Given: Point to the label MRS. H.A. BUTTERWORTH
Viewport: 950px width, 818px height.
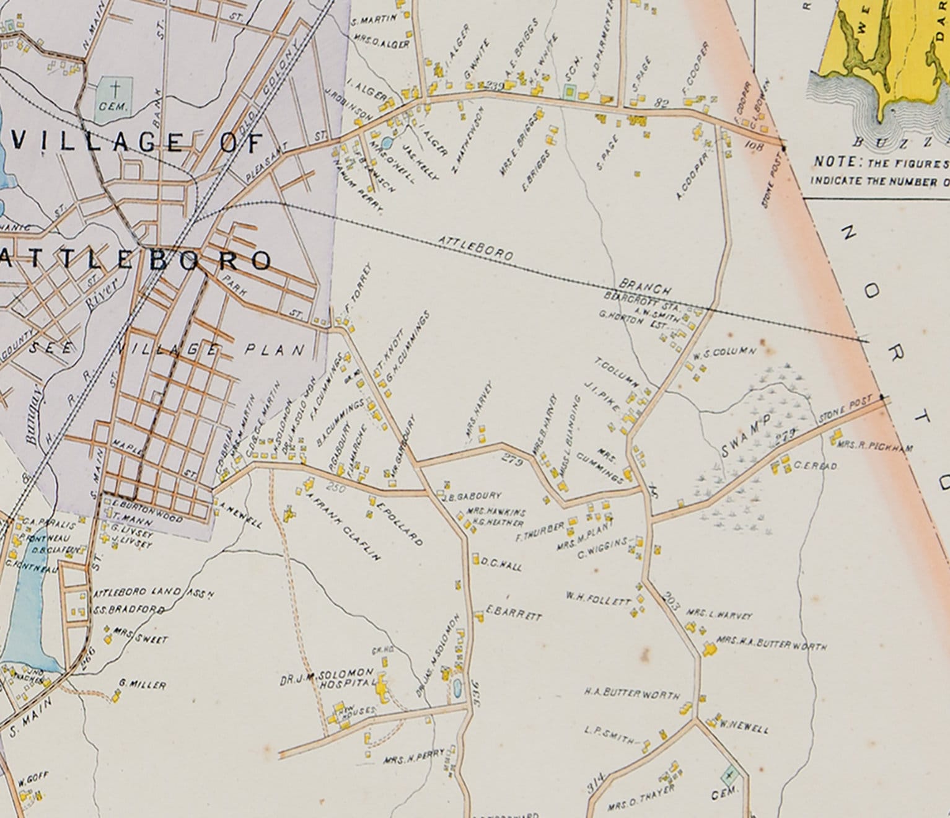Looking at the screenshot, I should (x=771, y=643).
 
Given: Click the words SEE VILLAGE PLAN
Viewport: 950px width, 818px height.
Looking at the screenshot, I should (x=167, y=350).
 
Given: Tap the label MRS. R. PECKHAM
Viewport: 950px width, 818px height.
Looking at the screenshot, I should (x=874, y=446).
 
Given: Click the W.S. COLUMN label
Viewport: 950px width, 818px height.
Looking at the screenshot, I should (x=724, y=353).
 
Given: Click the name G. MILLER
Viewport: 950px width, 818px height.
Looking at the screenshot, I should (x=142, y=685).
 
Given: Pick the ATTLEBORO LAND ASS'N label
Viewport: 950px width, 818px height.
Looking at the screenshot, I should (x=153, y=593).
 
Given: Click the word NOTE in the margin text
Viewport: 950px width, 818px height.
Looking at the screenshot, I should (x=835, y=162).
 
